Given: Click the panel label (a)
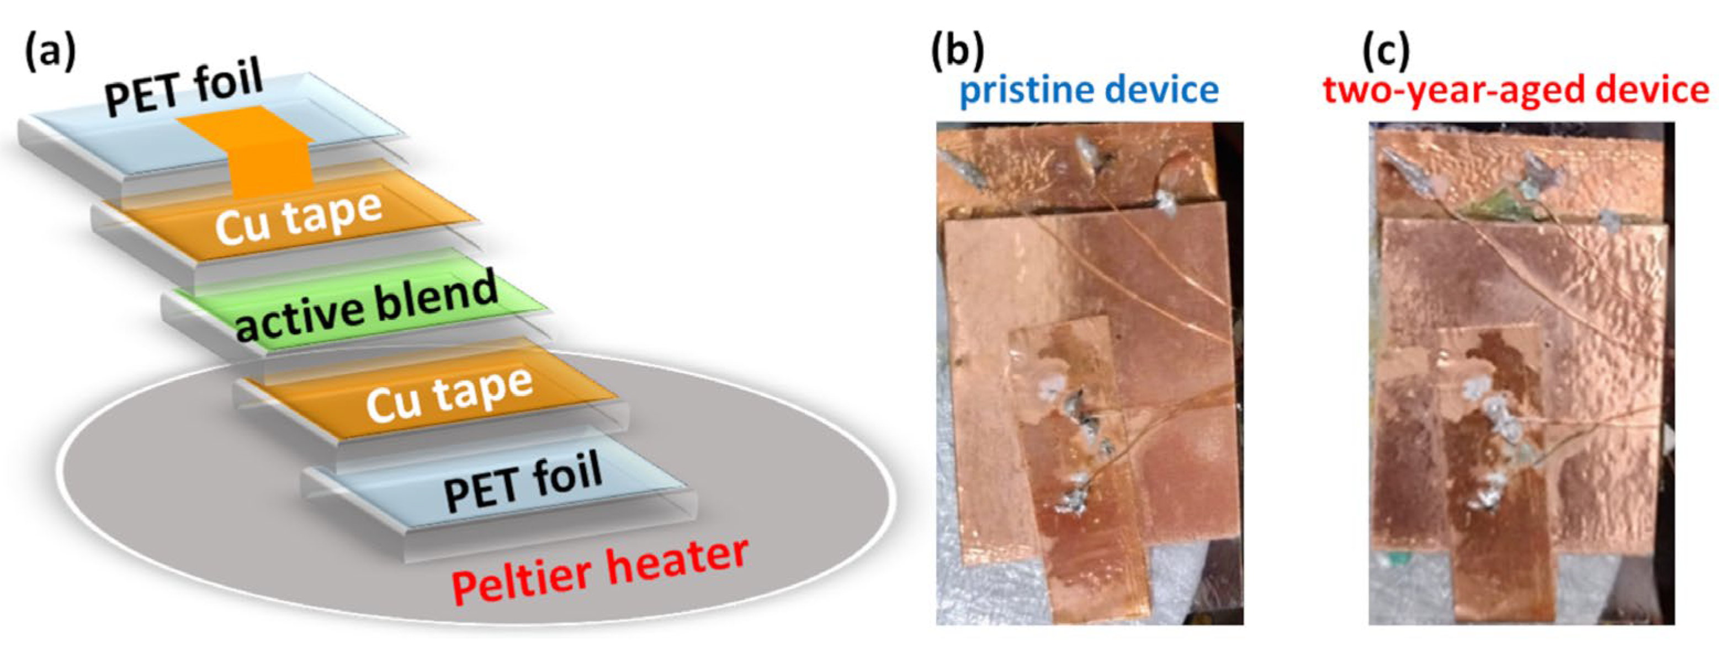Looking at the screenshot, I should point(50,54).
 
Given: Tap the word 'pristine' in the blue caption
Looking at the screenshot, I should point(1028,92).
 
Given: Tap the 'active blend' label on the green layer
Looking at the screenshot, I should point(367,307).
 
